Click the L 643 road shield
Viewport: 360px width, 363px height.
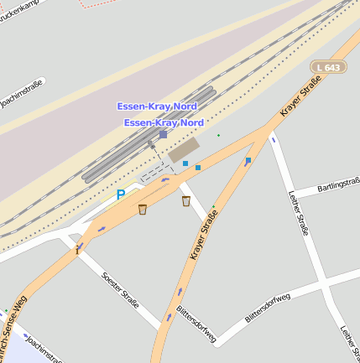click(328, 66)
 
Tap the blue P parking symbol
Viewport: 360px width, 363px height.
click(120, 194)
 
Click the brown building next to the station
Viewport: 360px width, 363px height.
click(184, 150)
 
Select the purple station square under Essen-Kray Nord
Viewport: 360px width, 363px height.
click(163, 134)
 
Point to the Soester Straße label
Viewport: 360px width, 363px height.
click(119, 290)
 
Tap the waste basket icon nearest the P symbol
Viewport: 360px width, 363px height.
click(143, 209)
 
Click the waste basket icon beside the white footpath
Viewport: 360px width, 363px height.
click(186, 201)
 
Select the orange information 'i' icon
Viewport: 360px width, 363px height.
click(77, 249)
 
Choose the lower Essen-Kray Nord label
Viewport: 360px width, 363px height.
click(164, 122)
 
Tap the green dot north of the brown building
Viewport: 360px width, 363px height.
click(218, 135)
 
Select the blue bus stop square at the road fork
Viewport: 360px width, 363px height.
click(248, 159)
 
